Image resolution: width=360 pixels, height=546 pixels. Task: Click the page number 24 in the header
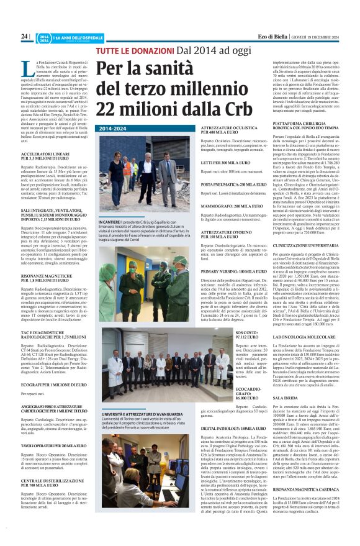click(24, 37)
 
